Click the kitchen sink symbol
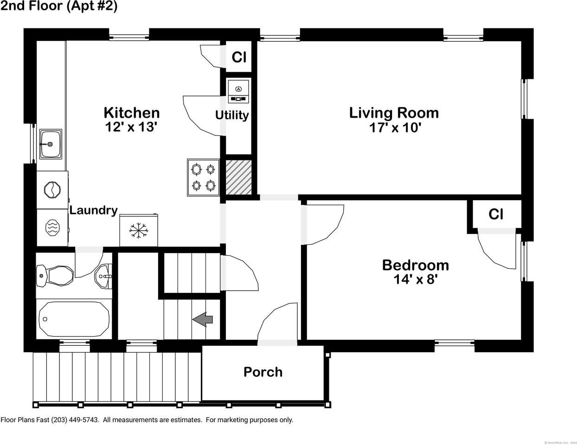[x=51, y=144]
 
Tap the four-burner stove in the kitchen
[x=203, y=177]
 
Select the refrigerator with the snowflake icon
[x=139, y=230]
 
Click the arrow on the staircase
[x=203, y=319]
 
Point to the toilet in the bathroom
[x=55, y=276]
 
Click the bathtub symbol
[x=74, y=319]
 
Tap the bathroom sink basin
[x=103, y=277]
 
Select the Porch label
[x=263, y=372]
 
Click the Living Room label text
[x=393, y=113]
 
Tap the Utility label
[x=232, y=115]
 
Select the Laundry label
[x=93, y=210]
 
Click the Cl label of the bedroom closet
[x=495, y=214]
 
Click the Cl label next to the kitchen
[x=238, y=57]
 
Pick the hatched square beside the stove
[x=238, y=177]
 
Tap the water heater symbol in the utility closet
[x=238, y=91]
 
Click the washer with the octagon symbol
[x=52, y=190]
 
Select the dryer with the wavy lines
[x=52, y=227]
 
